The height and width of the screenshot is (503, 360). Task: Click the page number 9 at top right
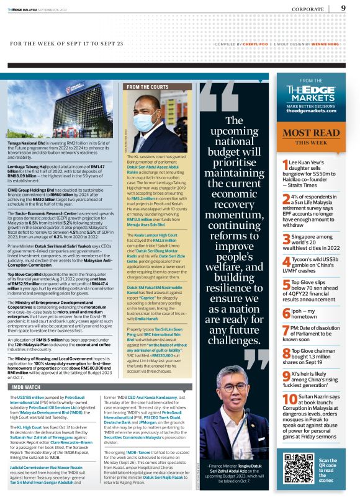tap(343, 8)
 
